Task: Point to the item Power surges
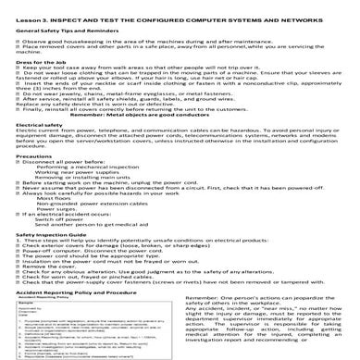click(56, 235)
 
